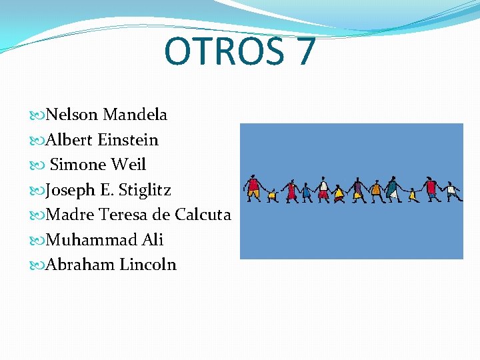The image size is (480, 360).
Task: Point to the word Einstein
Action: (x=127, y=140)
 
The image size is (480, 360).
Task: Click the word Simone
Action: (x=78, y=165)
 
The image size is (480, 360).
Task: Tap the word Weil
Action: (x=129, y=165)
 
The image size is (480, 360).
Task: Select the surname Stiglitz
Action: (x=145, y=190)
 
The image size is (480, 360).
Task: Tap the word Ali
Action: (x=153, y=239)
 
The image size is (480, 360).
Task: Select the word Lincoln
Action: (x=148, y=265)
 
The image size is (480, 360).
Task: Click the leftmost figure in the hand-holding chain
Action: (x=253, y=188)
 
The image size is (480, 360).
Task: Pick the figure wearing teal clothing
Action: (x=393, y=189)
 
